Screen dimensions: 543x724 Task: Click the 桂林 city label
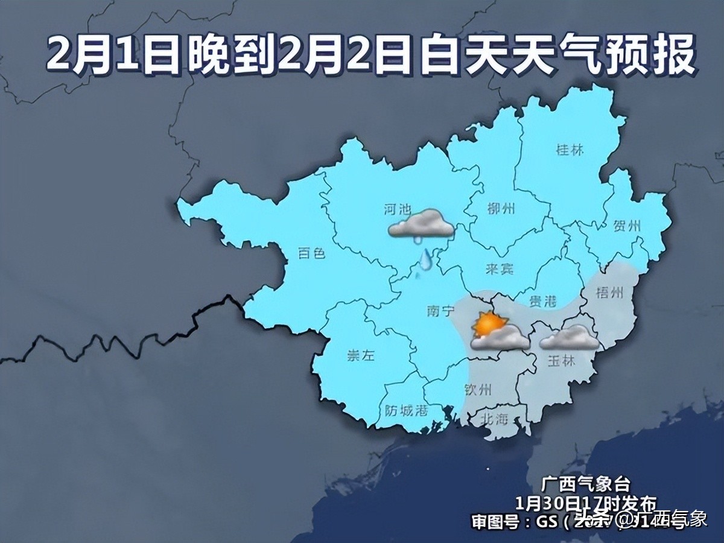pyautogui.click(x=570, y=150)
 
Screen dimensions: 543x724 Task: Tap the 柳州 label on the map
pyautogui.click(x=501, y=209)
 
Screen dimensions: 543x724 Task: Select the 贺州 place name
pyautogui.click(x=626, y=227)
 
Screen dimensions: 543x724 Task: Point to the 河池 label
pyautogui.click(x=398, y=209)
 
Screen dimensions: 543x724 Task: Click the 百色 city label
pyautogui.click(x=312, y=253)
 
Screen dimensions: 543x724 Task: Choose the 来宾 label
pyautogui.click(x=500, y=269)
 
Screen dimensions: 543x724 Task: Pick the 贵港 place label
pyautogui.click(x=543, y=301)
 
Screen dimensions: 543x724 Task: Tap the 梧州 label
pyautogui.click(x=608, y=292)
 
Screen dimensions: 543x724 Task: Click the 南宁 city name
pyautogui.click(x=439, y=311)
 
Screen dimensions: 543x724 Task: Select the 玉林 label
pyautogui.click(x=562, y=360)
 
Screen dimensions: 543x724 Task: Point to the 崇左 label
pyautogui.click(x=361, y=355)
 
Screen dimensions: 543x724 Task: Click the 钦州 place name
pyautogui.click(x=479, y=389)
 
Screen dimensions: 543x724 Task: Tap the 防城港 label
pyautogui.click(x=406, y=411)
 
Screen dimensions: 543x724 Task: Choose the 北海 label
pyautogui.click(x=495, y=419)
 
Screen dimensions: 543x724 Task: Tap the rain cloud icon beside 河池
pyautogui.click(x=422, y=225)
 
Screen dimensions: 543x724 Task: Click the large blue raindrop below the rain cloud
pyautogui.click(x=427, y=259)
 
